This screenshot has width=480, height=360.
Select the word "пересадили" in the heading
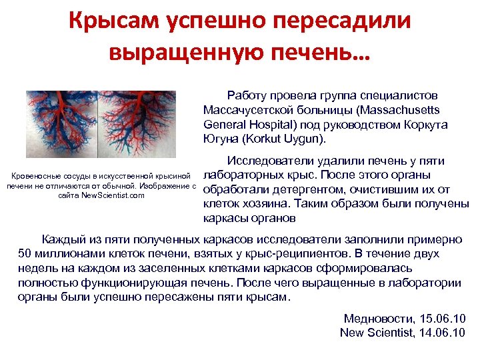pyautogui.click(x=344, y=21)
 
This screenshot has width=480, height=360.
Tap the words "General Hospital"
pyautogui.click(x=243, y=124)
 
